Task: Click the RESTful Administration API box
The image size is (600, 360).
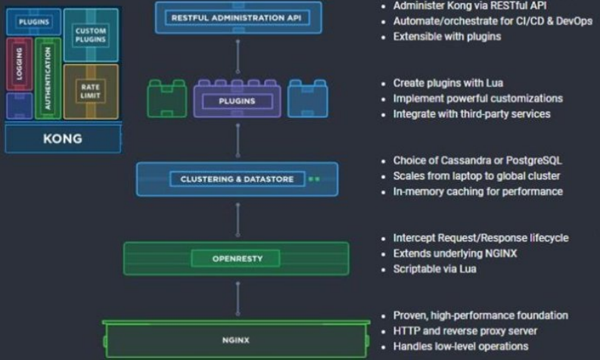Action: (x=238, y=17)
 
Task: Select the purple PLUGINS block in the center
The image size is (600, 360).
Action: (x=238, y=101)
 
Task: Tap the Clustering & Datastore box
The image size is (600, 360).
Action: (x=238, y=179)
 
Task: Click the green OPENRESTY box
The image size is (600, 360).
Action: (x=236, y=259)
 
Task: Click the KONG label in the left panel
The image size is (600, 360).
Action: (x=63, y=139)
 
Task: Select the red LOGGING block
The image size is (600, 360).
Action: (x=19, y=65)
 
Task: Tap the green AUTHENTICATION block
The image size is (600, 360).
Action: (x=48, y=79)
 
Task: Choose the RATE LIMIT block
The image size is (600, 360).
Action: (x=91, y=92)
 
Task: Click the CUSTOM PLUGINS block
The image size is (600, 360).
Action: (x=91, y=35)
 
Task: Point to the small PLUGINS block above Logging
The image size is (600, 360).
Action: (x=33, y=22)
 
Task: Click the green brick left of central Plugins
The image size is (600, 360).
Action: (x=166, y=99)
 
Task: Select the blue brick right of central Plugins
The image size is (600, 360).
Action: (x=307, y=99)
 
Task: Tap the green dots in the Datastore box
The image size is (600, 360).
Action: (x=315, y=179)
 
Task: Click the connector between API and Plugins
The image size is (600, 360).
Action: (x=238, y=54)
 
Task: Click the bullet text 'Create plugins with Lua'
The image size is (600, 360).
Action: (x=448, y=82)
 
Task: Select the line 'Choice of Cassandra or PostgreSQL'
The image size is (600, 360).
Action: (x=477, y=160)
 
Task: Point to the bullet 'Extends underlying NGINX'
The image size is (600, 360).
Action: (x=455, y=253)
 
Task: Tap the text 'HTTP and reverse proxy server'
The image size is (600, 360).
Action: (x=465, y=331)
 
